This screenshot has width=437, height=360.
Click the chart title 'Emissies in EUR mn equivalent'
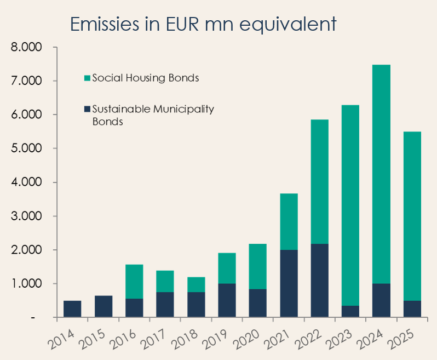[203, 25]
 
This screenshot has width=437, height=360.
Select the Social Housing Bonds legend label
[145, 78]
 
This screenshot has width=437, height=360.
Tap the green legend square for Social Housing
[88, 78]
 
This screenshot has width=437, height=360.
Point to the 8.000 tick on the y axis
[27, 48]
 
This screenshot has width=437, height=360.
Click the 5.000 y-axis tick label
[27, 148]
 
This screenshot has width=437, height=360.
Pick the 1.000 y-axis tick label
[27, 284]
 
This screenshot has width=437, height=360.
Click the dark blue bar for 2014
[72, 309]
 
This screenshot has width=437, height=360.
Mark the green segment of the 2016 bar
[134, 282]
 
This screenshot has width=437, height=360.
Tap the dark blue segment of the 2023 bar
[350, 311]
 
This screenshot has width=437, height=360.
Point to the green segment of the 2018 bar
[196, 284]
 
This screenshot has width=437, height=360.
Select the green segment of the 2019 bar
[227, 268]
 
